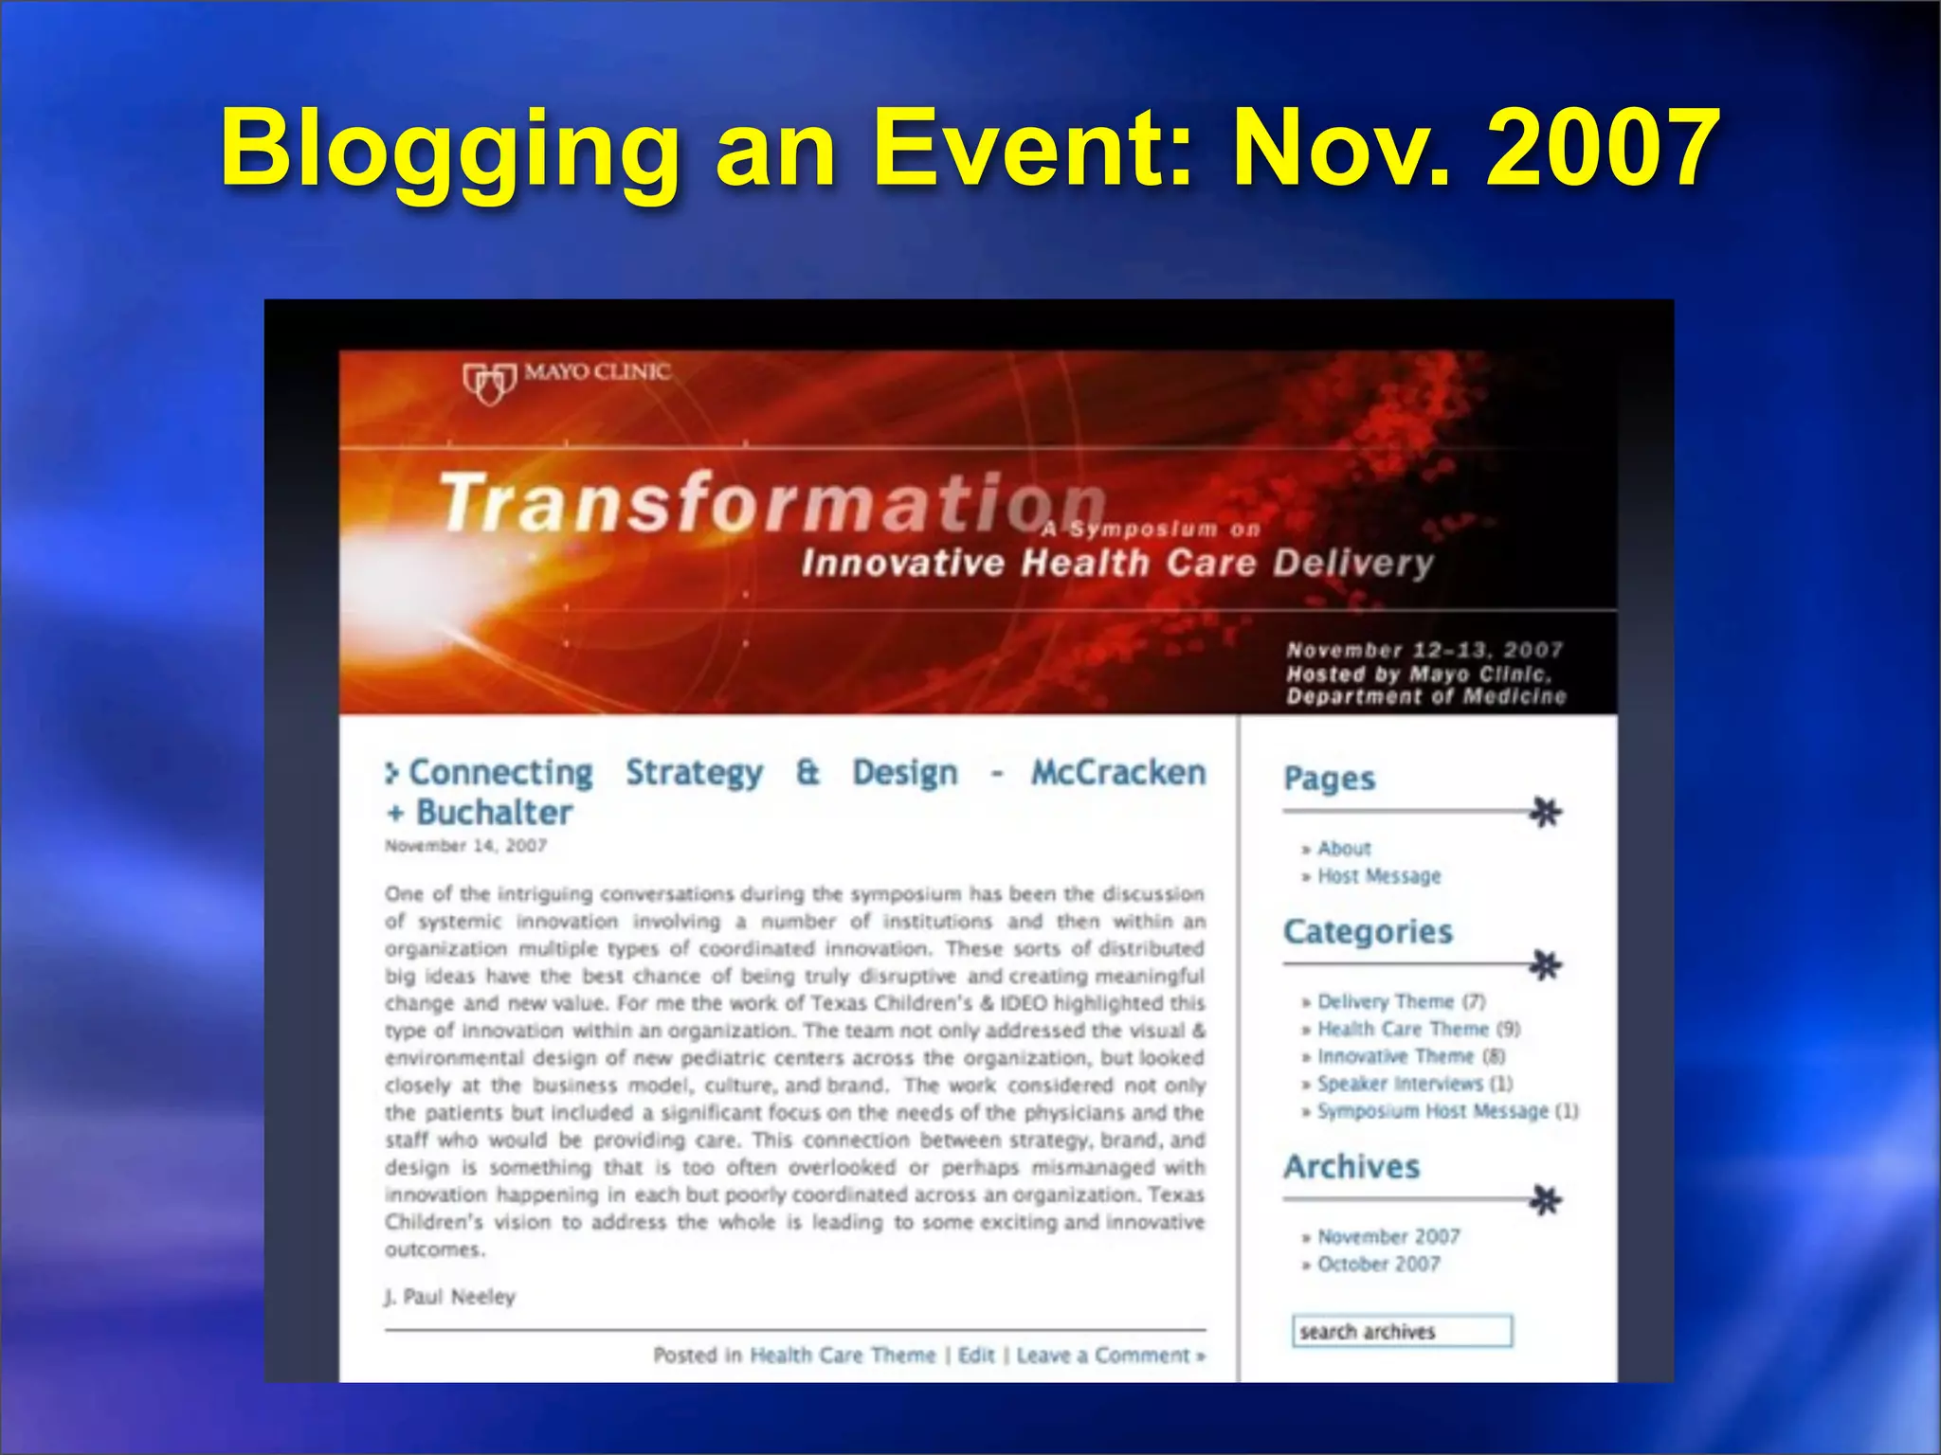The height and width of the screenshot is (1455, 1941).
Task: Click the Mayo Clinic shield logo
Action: coord(489,383)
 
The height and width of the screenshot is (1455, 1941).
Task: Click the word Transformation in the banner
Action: coord(771,502)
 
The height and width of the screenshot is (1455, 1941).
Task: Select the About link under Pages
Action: coord(1344,849)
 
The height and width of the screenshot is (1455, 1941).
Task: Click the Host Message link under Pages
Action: coord(1379,876)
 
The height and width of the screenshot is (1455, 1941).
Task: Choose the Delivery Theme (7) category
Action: coord(1401,1001)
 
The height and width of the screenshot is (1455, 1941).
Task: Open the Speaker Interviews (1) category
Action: coord(1414,1084)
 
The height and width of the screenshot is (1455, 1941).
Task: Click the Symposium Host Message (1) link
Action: coord(1447,1111)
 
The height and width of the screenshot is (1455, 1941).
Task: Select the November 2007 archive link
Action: coord(1388,1236)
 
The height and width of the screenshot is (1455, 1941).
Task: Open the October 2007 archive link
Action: coord(1379,1264)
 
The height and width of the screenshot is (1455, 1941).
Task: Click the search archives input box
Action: coord(1402,1331)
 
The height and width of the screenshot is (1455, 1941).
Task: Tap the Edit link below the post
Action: coord(976,1355)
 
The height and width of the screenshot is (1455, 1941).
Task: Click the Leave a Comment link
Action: coord(1109,1355)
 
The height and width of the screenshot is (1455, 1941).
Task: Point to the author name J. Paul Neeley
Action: coord(450,1296)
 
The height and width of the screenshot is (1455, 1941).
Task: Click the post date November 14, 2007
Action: coord(465,845)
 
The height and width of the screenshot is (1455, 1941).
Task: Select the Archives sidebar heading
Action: coord(1351,1166)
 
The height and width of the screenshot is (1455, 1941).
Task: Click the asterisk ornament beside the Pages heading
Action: coord(1546,812)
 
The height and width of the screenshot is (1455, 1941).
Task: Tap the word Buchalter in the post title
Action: coord(495,813)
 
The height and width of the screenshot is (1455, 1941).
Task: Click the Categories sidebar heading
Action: coord(1368,931)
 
